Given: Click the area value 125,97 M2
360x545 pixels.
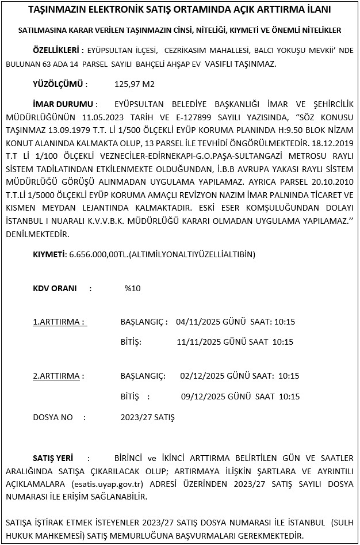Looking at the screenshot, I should tap(135, 84).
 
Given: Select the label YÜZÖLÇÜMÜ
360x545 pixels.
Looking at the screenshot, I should tap(58, 84).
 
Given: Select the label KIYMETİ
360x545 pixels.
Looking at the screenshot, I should tap(49, 254).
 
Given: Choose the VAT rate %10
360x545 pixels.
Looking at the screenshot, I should tap(132, 288).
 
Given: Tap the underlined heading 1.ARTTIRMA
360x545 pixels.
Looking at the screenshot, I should tap(59, 321).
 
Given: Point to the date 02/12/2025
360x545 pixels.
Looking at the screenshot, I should tap(202, 376).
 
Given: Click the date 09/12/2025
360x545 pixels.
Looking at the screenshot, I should tap(202, 397).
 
